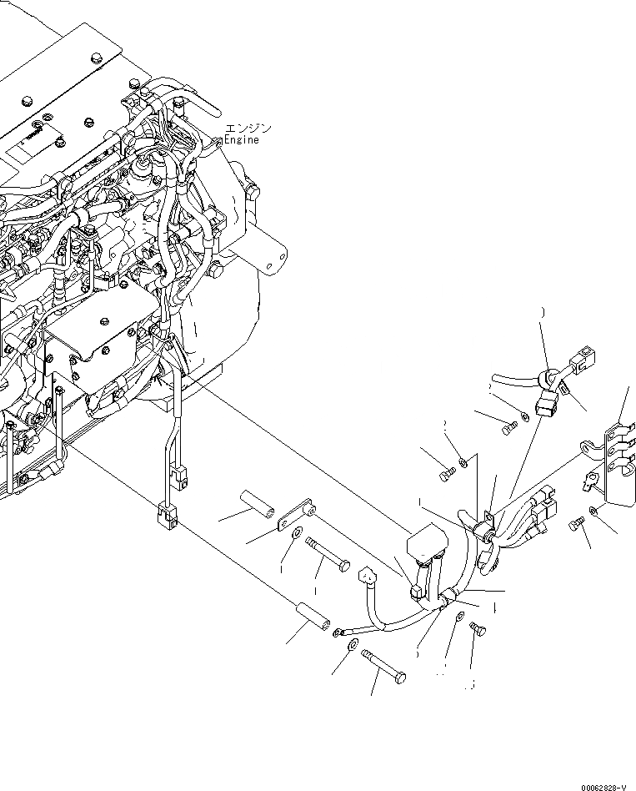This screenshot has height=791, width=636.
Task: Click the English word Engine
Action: [x=241, y=139]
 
